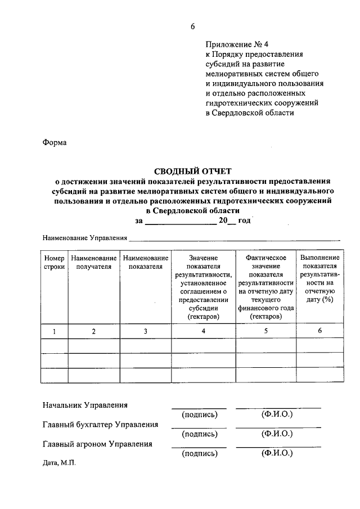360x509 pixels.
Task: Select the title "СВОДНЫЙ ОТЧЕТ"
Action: pyautogui.click(x=193, y=171)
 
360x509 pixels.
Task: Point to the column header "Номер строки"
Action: pyautogui.click(x=55, y=262)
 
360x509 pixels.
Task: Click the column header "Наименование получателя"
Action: pyautogui.click(x=94, y=262)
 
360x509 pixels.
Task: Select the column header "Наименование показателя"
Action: pyautogui.click(x=145, y=262)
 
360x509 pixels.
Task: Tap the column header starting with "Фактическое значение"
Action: pyautogui.click(x=266, y=287)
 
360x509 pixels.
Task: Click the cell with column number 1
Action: pyautogui.click(x=55, y=331)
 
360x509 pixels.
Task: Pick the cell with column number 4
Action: pyautogui.click(x=204, y=331)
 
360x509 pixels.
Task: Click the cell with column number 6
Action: pyautogui.click(x=319, y=331)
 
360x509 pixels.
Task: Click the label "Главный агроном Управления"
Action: pyautogui.click(x=97, y=444)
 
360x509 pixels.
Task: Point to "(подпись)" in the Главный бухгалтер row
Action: pyautogui.click(x=199, y=434)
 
